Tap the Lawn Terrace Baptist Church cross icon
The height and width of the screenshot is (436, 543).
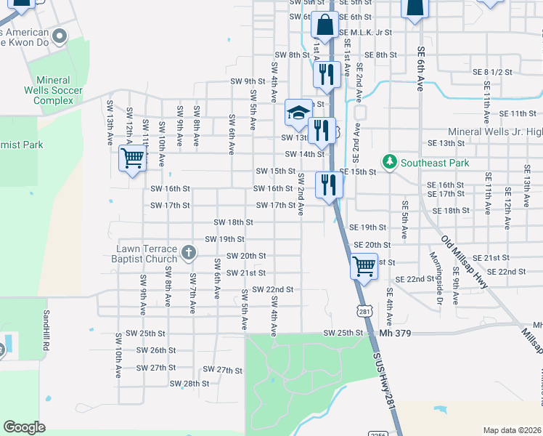coord(188,253)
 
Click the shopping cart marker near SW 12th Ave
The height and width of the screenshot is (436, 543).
coord(132,157)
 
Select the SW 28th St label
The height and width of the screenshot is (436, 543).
coord(189,384)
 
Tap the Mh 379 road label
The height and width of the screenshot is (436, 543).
coord(395,334)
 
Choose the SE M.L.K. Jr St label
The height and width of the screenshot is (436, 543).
coord(364,33)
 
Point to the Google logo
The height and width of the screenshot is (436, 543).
coord(24,427)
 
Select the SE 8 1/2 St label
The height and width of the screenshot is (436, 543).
coord(492,72)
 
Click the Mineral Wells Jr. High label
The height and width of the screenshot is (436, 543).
coord(495,132)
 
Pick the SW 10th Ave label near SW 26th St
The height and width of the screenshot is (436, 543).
coord(118,356)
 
